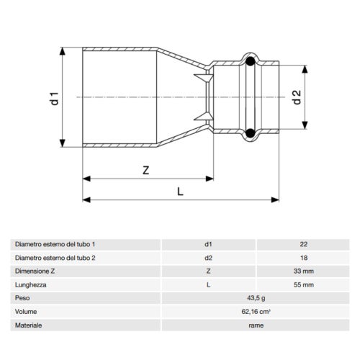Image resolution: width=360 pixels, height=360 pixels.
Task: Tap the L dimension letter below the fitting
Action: tap(180, 191)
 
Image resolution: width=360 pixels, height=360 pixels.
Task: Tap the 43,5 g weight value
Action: tap(256, 298)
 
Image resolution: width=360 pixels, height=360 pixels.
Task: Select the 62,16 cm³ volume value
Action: tap(256, 312)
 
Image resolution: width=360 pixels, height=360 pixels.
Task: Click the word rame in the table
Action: tap(256, 325)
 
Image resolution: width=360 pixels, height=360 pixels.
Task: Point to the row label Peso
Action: tap(22, 298)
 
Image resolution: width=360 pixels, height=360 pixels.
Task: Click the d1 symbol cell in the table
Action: tap(208, 244)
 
